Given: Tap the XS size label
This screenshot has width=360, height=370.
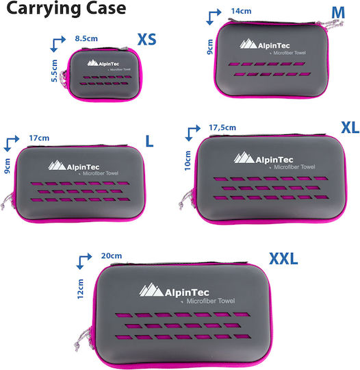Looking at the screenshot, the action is click(146, 40).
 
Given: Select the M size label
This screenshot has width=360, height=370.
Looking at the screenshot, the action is click(338, 13).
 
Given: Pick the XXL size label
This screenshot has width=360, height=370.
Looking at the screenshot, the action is click(283, 258).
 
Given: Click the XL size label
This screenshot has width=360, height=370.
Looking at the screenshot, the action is click(350, 128).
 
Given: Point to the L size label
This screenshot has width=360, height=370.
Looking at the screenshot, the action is click(149, 141).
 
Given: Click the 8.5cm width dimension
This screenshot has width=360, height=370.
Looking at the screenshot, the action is click(86, 38).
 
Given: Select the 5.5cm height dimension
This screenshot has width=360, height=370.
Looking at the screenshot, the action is click(54, 71).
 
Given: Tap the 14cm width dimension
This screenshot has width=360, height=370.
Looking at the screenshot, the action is click(241, 11).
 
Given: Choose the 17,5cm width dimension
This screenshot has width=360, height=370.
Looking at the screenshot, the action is click(222, 127).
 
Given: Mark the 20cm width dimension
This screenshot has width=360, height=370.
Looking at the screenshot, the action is click(112, 256).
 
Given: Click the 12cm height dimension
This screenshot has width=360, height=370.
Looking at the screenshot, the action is click(80, 289).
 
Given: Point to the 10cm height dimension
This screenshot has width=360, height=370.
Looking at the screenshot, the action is click(188, 161).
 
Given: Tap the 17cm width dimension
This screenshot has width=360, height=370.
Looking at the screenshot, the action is click(39, 138).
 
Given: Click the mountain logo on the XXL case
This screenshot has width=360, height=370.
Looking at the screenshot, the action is click(151, 290).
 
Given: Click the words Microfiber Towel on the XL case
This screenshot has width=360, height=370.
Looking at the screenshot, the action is click(294, 167).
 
